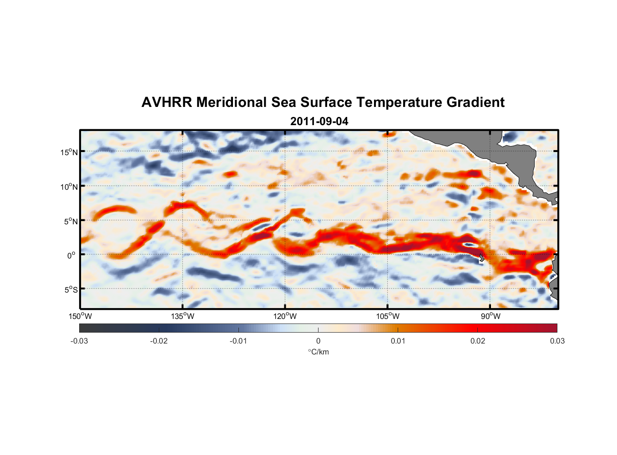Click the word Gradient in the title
(x=475, y=102)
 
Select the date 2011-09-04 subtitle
(x=319, y=121)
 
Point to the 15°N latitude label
(x=69, y=152)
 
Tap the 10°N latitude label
(x=69, y=187)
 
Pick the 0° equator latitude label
(x=71, y=255)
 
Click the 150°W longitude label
(x=81, y=316)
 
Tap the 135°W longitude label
(x=183, y=316)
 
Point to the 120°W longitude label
(x=285, y=316)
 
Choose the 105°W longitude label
(x=388, y=316)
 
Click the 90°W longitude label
(x=491, y=316)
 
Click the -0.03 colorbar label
(x=79, y=341)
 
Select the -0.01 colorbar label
(x=238, y=341)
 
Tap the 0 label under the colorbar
(x=318, y=341)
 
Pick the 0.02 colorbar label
(x=478, y=341)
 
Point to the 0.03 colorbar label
(x=557, y=341)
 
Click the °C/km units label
(x=318, y=352)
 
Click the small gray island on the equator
(x=481, y=257)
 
